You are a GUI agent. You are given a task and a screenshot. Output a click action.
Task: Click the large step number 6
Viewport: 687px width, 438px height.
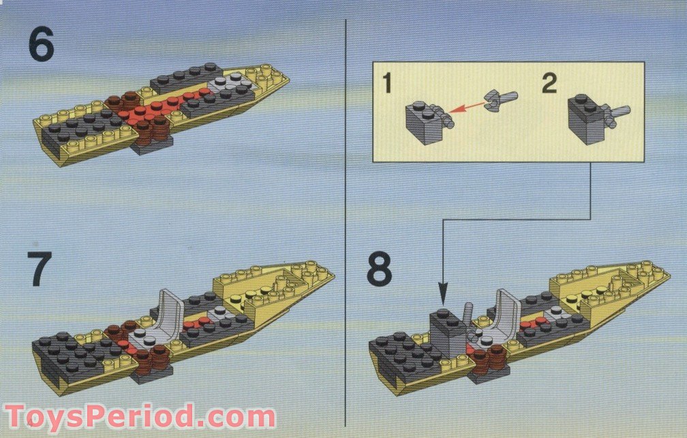(x=41, y=46)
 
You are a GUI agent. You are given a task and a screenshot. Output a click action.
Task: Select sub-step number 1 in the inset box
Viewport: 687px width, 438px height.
(x=387, y=85)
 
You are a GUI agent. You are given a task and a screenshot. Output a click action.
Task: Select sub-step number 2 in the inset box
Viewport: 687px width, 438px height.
(x=549, y=85)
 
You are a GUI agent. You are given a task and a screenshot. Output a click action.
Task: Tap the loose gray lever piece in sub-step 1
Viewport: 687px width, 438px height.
(x=502, y=101)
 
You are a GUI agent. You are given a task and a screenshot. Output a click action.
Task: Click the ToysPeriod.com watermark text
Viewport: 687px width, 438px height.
(x=140, y=416)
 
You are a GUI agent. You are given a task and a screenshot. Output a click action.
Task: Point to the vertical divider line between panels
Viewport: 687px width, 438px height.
(x=347, y=204)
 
